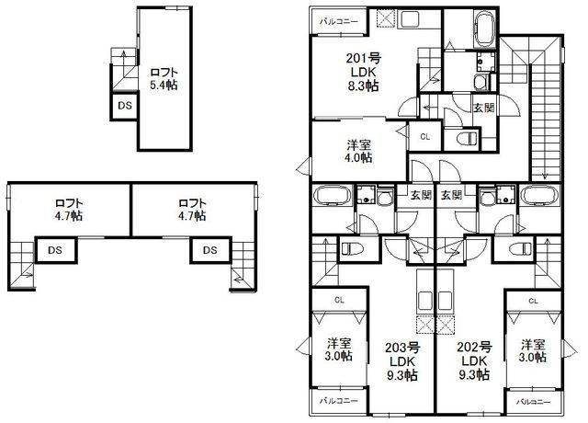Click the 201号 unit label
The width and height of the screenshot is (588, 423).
point(364,58)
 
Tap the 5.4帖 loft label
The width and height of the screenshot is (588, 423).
point(164,86)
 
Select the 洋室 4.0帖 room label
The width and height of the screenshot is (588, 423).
point(359,151)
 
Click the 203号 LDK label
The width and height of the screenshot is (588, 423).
point(402,360)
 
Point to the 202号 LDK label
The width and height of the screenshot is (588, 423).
point(474,360)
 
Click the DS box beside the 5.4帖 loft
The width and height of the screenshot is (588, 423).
point(125,106)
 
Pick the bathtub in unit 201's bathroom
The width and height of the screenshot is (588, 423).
point(485,29)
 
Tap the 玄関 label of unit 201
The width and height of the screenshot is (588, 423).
point(484,108)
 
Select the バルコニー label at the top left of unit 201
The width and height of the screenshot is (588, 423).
point(339,22)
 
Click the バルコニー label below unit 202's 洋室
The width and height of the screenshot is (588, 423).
point(533,402)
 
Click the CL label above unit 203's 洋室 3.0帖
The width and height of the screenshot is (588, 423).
point(339,300)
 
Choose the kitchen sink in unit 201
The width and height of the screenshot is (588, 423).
point(409,19)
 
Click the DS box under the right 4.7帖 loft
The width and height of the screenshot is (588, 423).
point(210,250)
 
